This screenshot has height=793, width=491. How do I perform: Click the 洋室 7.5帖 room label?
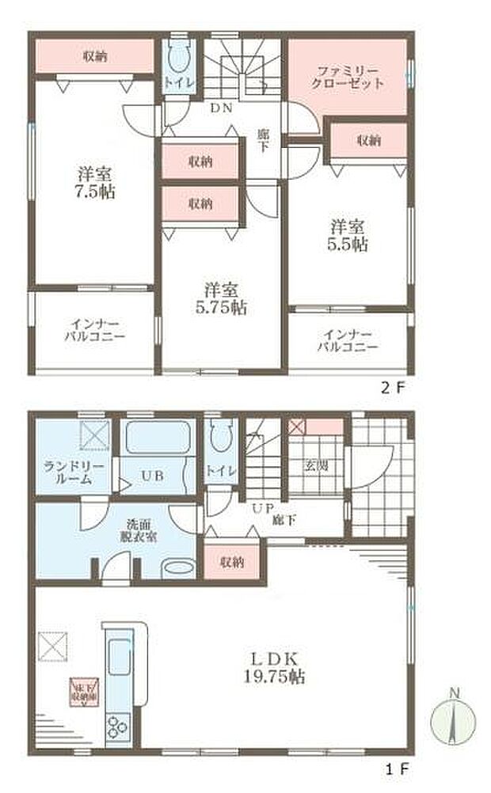click(x=92, y=181)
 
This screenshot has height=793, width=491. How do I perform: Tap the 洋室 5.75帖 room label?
click(x=223, y=299)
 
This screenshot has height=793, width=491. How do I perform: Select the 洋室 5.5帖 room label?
click(x=348, y=235)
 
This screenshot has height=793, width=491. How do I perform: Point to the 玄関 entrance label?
click(x=315, y=465)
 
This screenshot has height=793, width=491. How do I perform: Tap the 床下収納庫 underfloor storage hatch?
click(x=82, y=689)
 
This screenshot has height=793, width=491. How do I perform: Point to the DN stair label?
click(x=220, y=108)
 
